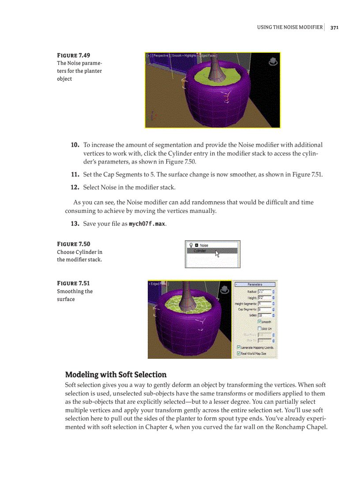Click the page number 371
pos(334,27)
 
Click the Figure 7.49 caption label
pos(73,55)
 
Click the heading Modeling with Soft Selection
pos(116,375)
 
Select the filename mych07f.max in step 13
pos(147,224)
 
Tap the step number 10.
pos(75,145)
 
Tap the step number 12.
pos(75,187)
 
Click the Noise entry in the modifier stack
pos(204,245)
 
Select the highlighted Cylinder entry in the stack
pos(201,251)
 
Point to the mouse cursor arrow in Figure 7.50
pos(217,253)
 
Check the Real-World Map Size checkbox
pos(239,354)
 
